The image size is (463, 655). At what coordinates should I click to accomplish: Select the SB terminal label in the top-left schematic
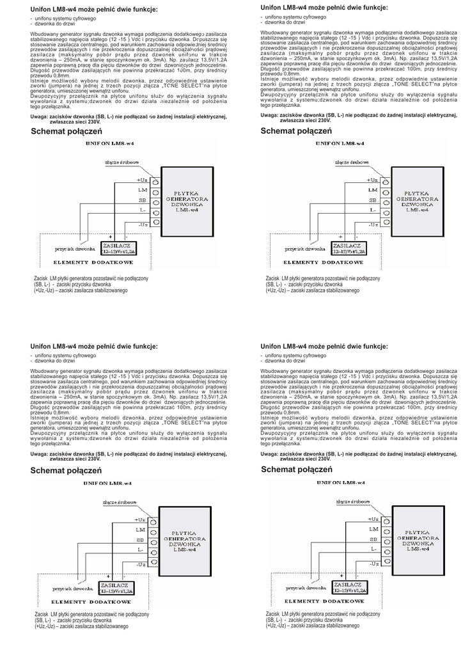coord(142,200)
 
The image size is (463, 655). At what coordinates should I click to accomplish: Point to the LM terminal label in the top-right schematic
coord(373,191)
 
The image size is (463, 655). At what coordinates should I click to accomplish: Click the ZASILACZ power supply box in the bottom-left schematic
coord(118,588)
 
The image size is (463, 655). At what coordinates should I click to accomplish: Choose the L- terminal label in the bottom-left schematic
coord(140,549)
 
